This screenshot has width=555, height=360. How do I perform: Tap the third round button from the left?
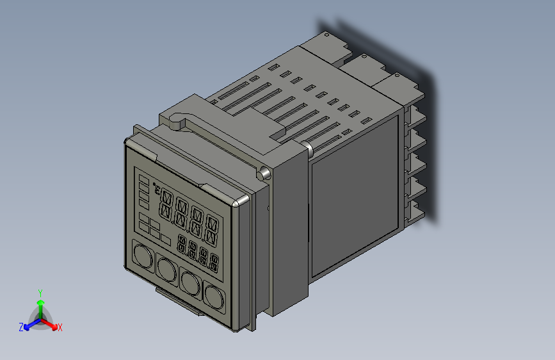(190, 281)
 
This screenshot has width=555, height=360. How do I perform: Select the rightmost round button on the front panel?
(214, 295)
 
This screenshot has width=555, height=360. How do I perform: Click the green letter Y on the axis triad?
(40, 292)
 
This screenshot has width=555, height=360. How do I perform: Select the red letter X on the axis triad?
(60, 328)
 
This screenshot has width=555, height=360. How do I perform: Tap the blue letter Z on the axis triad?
(21, 327)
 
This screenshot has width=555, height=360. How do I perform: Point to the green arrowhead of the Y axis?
(40, 302)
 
